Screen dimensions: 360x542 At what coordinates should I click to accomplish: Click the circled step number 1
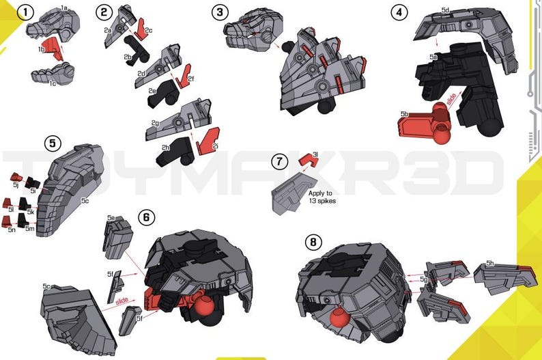tap(25, 12)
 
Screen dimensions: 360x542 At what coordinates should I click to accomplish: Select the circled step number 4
tap(399, 12)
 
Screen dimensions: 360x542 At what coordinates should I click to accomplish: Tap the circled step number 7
tap(278, 162)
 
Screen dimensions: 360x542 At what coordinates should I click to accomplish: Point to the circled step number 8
tap(312, 242)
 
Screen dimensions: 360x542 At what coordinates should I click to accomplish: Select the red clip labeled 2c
tap(142, 28)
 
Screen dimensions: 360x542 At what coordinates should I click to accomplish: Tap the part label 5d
tap(445, 10)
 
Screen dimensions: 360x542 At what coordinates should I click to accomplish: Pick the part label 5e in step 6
tap(111, 217)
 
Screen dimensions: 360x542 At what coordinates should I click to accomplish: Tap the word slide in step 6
tap(122, 300)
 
